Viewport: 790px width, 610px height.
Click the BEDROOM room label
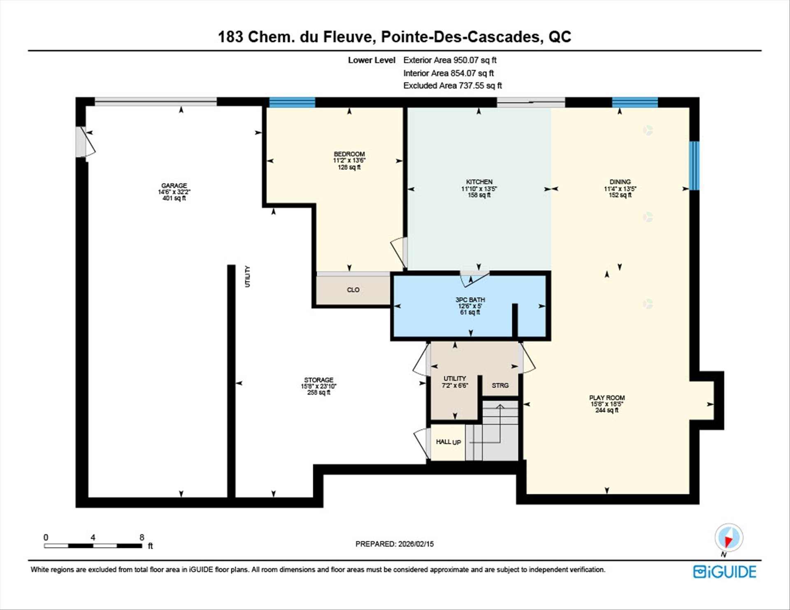(349, 154)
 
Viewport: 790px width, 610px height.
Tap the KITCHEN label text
(479, 182)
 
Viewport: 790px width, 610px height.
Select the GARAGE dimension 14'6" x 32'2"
(174, 192)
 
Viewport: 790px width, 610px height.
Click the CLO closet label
(353, 290)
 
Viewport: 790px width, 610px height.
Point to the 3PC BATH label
(470, 300)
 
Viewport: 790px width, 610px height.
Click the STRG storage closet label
(500, 385)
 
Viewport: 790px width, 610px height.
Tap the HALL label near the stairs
(444, 442)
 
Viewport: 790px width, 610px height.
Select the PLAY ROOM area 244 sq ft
(606, 410)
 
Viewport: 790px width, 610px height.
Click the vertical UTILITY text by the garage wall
(247, 276)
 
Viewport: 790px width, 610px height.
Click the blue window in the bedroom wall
(292, 102)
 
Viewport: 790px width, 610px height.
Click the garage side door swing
(86, 142)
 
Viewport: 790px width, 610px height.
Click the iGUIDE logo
(725, 572)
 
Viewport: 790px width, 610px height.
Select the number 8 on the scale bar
(142, 537)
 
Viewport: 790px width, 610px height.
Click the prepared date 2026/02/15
(416, 544)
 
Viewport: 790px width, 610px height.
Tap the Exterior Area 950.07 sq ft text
(450, 60)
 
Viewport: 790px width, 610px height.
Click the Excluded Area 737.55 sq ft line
(452, 86)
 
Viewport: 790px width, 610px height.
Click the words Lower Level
(372, 60)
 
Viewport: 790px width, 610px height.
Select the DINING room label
(620, 182)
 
